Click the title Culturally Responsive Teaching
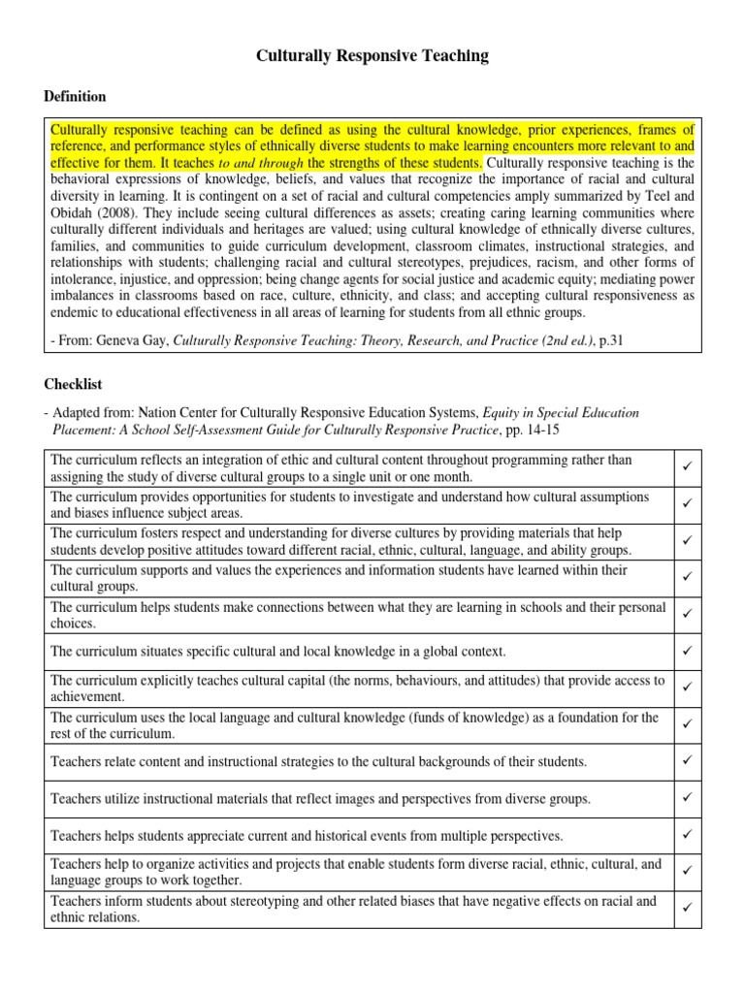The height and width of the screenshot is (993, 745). pos(372,57)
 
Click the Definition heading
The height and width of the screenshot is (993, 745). pos(76,97)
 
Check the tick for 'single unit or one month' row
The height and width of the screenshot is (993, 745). pos(685,468)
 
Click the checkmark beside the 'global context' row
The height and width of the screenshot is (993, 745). pos(685,651)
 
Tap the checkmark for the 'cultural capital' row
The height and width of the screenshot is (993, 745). pos(685,688)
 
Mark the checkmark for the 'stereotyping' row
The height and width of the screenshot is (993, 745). pos(685,909)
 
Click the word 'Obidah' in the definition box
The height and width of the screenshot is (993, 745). pos(72,213)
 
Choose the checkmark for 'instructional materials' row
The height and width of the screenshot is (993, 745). pos(685,798)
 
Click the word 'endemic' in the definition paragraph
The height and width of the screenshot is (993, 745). pos(76,312)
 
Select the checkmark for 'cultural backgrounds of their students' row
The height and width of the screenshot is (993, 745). pos(685,761)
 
